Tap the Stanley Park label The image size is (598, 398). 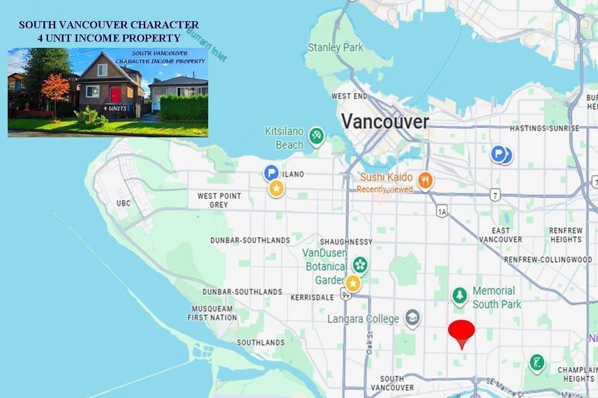335,47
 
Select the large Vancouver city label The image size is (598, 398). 384,122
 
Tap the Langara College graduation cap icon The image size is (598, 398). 412,319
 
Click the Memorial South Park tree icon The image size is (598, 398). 459,296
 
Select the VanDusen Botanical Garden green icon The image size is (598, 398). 359,265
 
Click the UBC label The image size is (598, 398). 124,204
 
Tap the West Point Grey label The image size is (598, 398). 219,200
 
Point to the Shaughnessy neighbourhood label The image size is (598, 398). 346,242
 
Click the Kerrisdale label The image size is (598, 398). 312,298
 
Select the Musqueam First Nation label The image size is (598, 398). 212,313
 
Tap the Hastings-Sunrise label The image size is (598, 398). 545,129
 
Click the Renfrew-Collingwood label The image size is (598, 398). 548,260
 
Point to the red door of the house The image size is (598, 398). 116,95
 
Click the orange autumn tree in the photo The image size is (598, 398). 55,88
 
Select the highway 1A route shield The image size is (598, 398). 442,211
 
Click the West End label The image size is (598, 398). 350,96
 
